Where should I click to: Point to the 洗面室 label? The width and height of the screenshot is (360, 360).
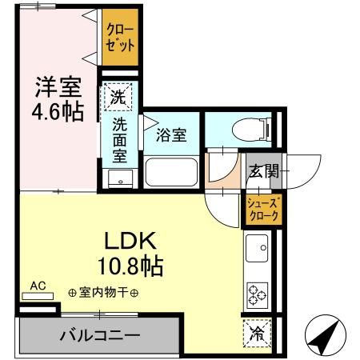click(119, 138)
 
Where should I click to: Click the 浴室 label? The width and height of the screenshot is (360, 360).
click(172, 134)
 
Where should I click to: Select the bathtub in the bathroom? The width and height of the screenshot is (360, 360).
click(171, 171)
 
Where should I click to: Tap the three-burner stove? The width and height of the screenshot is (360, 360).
click(258, 294)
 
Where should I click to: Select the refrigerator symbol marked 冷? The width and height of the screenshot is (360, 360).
click(257, 330)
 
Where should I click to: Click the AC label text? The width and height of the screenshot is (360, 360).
click(38, 285)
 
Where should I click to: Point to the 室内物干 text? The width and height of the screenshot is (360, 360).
click(104, 293)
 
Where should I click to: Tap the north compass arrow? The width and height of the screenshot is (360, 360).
click(325, 339)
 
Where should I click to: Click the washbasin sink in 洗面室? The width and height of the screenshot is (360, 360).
click(119, 178)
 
